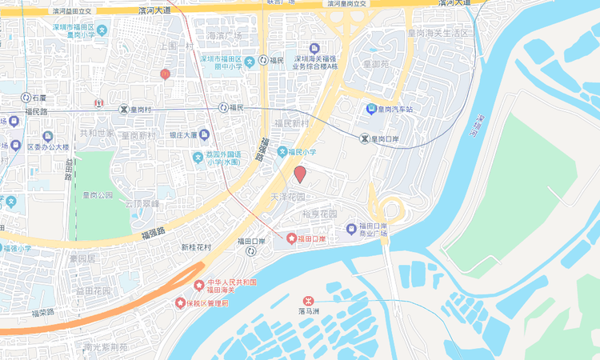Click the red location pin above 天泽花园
point(300,174)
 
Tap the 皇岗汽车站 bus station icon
point(371,109)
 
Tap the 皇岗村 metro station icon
point(123,109)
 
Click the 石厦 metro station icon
point(26,98)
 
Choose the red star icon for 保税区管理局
point(180,303)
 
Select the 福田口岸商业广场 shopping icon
point(351,230)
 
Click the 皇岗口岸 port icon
point(365,139)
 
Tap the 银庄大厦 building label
point(183,136)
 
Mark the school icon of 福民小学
point(282,152)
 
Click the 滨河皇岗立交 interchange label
point(347,5)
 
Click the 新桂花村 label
point(196,247)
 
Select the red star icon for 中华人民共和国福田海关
point(199,286)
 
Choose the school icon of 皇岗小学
point(102,30)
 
